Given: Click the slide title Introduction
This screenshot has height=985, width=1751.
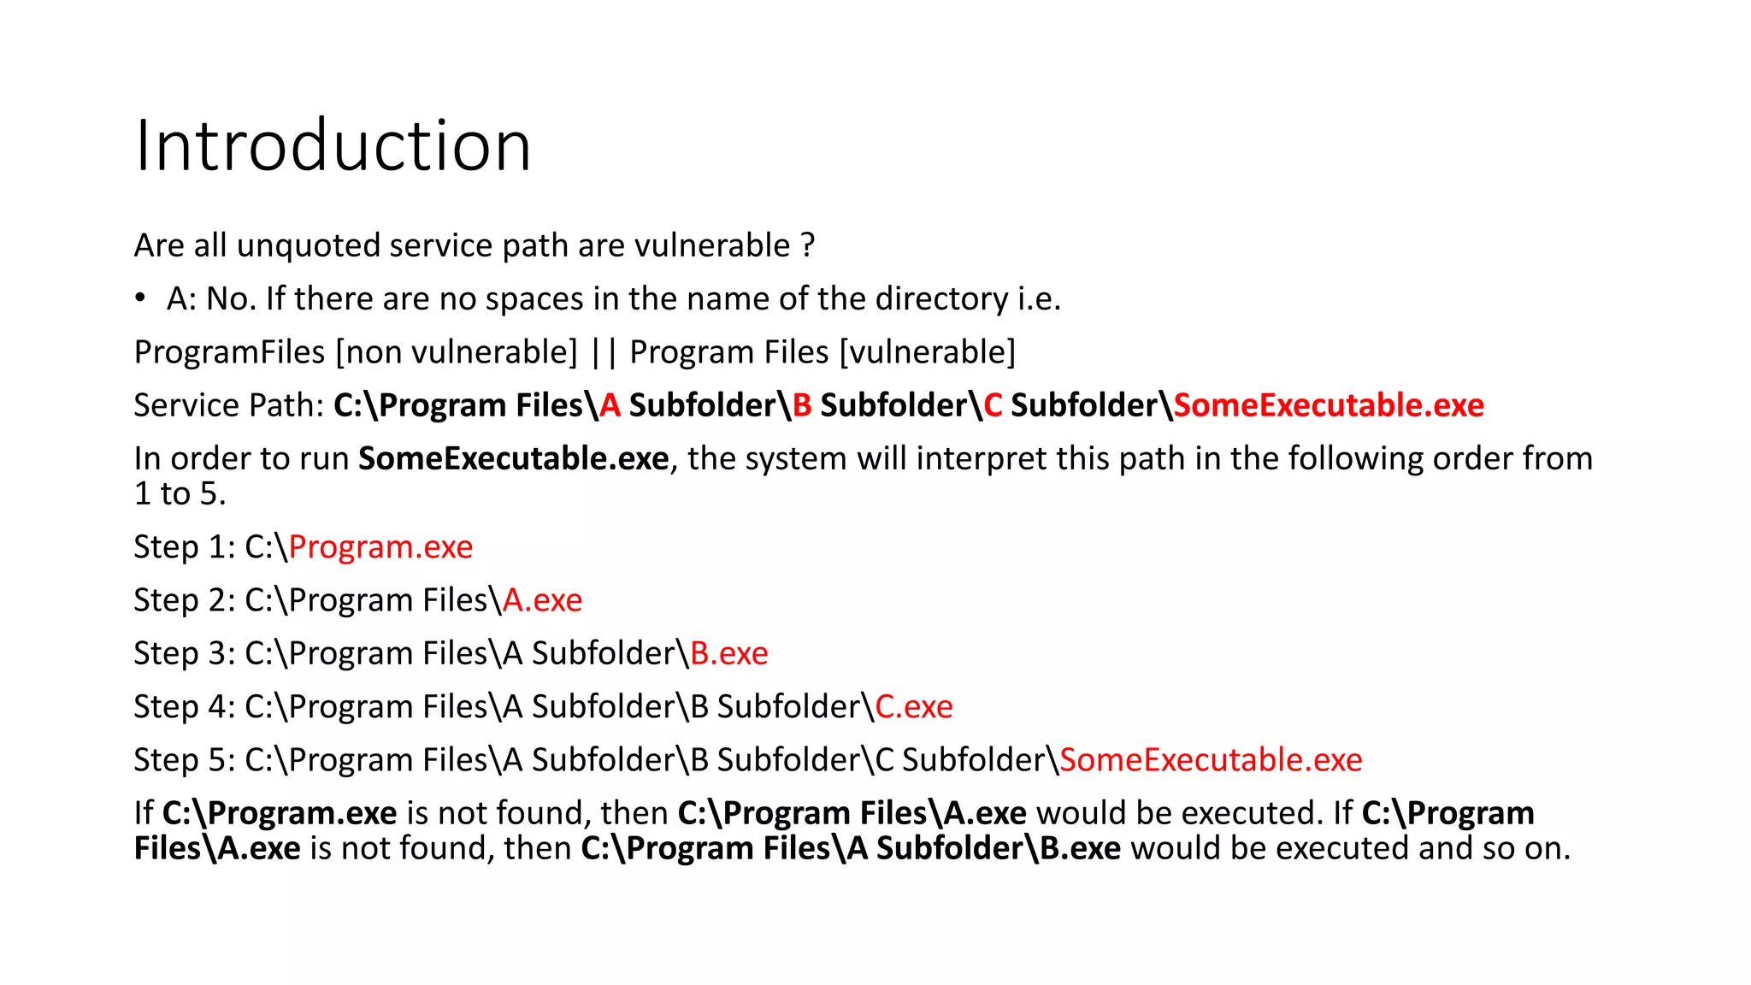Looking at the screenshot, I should click(x=333, y=146).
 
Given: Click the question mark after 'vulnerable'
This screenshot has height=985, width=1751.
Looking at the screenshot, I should click(x=808, y=245).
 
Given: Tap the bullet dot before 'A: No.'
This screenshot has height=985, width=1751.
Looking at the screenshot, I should click(x=140, y=298).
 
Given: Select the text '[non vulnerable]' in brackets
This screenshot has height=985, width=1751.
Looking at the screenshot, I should click(x=457, y=352).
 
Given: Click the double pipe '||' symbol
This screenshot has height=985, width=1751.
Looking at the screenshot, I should click(x=604, y=352).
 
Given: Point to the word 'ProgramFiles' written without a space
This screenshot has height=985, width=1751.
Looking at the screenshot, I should click(x=229, y=352).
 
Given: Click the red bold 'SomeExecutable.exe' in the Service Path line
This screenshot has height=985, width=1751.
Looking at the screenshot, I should click(x=1329, y=405).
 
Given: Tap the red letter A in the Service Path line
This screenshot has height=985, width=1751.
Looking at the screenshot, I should click(x=610, y=405).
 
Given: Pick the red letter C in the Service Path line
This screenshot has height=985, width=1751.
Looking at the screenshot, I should click(x=993, y=405).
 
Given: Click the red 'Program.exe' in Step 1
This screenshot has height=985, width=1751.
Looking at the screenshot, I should click(x=380, y=547).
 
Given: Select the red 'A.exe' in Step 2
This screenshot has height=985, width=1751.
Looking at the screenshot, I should click(x=542, y=600).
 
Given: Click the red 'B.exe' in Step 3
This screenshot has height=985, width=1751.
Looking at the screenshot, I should click(x=728, y=653).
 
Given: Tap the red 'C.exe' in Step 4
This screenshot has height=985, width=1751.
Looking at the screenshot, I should click(x=913, y=707).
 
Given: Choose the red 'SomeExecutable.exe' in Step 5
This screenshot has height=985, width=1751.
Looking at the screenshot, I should click(x=1211, y=760).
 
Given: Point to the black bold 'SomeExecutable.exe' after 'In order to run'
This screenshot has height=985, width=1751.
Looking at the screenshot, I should click(x=513, y=459).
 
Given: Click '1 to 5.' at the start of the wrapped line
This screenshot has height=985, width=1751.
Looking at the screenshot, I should click(x=180, y=494).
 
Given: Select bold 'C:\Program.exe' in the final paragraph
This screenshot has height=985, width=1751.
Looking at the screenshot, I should click(x=280, y=813).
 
